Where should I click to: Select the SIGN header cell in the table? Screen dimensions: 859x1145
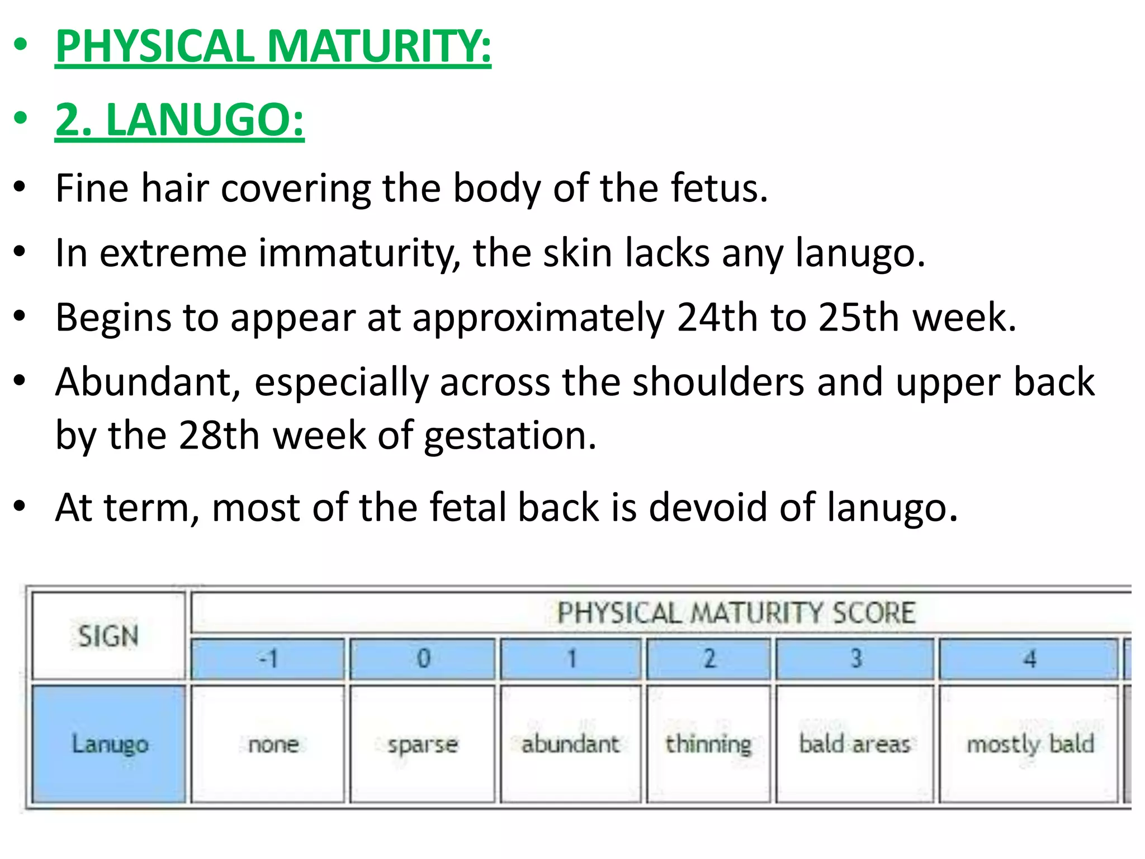click(x=108, y=636)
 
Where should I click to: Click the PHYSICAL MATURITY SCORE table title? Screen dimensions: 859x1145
click(x=736, y=612)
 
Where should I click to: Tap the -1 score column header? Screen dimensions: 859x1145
click(x=268, y=659)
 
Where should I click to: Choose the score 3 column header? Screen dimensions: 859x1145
click(x=855, y=659)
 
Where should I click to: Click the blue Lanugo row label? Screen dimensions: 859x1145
click(x=109, y=744)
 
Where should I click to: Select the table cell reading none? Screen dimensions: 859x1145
click(x=273, y=744)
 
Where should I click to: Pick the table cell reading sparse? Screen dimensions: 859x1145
click(x=423, y=744)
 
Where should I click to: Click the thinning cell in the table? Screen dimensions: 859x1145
click(x=708, y=744)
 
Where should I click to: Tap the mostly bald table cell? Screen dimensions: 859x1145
click(x=1030, y=744)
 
